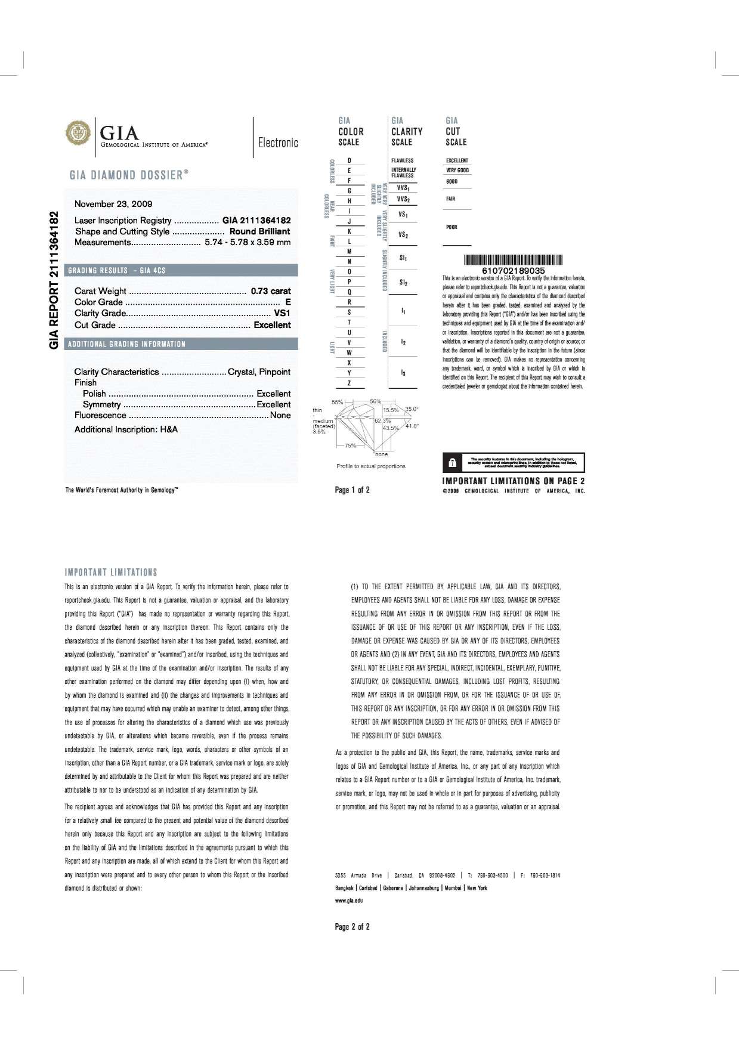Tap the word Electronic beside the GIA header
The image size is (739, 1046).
click(x=278, y=143)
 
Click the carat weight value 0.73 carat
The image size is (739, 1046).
click(x=271, y=291)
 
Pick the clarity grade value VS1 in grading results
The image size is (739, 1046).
click(x=282, y=313)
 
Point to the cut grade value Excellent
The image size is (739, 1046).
click(x=272, y=325)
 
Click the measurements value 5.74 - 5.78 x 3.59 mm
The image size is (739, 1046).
click(x=248, y=242)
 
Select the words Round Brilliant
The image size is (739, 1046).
click(x=260, y=231)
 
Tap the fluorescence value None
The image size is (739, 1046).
click(x=280, y=415)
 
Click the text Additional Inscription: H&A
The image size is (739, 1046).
click(x=126, y=429)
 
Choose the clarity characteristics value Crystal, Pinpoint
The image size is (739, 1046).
click(x=259, y=372)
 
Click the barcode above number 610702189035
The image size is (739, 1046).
click(x=513, y=260)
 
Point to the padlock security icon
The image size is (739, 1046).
click(x=452, y=462)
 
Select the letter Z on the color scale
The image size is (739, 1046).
click(x=349, y=383)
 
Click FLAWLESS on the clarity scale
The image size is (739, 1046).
click(x=402, y=160)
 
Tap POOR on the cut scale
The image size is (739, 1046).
click(x=452, y=227)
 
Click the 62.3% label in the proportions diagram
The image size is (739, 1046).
click(x=382, y=421)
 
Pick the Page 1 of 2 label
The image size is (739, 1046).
click(x=353, y=490)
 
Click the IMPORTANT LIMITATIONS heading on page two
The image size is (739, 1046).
click(x=111, y=572)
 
